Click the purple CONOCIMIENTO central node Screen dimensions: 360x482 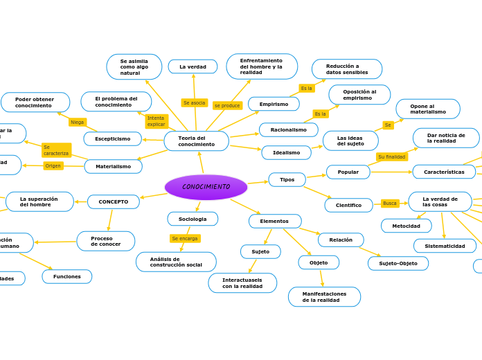[206, 187]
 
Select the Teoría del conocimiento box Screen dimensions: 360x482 [196, 141]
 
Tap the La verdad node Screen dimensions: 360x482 [193, 66]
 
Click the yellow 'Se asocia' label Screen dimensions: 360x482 [194, 102]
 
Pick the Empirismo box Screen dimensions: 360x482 [274, 104]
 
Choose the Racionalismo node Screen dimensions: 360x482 [288, 129]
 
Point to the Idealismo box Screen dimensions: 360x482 [286, 152]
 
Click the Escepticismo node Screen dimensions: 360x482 [112, 138]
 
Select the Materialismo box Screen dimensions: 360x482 [113, 166]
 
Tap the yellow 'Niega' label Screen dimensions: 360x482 [77, 122]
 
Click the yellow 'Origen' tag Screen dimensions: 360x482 [53, 165]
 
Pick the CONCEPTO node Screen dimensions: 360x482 [113, 201]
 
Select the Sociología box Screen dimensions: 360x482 [193, 219]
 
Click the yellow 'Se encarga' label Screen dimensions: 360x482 [185, 238]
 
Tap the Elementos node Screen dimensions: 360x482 [274, 221]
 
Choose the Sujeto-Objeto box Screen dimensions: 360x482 [398, 263]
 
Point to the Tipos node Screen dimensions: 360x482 [287, 179]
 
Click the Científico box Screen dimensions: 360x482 [348, 205]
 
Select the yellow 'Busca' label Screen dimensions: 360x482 [390, 203]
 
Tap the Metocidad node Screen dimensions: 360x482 [406, 226]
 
